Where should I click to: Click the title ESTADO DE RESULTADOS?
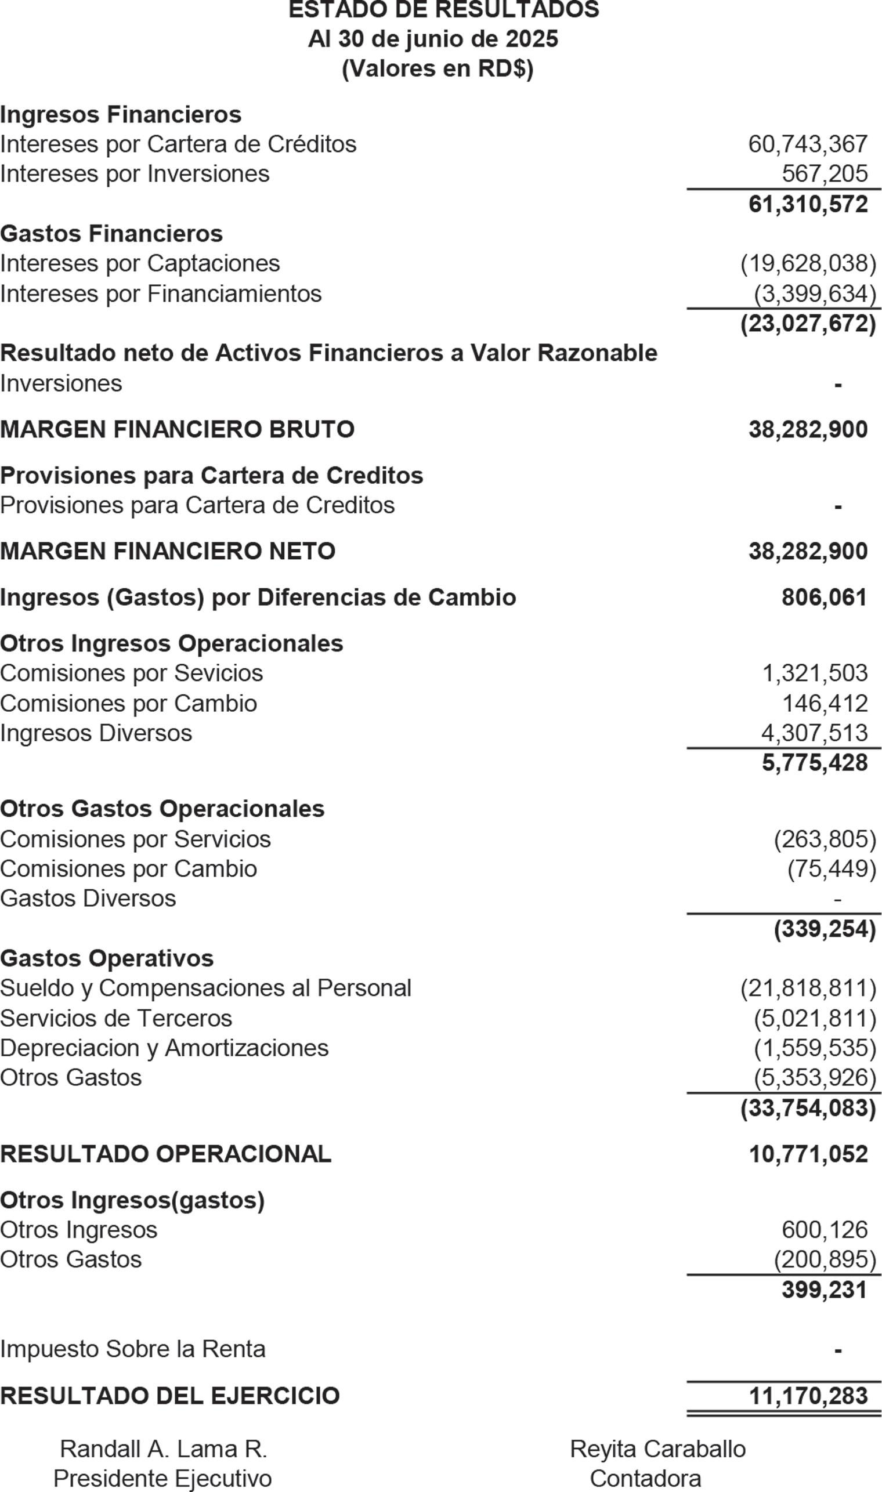(443, 9)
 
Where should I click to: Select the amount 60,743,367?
(807, 144)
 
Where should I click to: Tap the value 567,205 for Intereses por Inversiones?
(825, 174)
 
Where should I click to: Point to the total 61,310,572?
(807, 204)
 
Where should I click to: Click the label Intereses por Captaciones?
(140, 263)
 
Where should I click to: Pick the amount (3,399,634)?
(815, 294)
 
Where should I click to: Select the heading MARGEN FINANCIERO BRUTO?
(177, 429)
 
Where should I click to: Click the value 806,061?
(825, 597)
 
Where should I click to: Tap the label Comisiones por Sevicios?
(131, 673)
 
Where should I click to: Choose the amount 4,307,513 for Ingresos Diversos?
(814, 733)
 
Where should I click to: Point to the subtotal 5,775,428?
(814, 763)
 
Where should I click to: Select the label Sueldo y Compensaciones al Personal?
(205, 988)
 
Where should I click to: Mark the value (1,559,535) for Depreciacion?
(815, 1048)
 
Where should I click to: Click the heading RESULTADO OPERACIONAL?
(166, 1154)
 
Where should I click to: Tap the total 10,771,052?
(808, 1154)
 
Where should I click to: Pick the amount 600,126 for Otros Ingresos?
(825, 1230)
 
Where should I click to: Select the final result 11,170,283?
(808, 1396)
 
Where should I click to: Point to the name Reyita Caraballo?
(657, 1449)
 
